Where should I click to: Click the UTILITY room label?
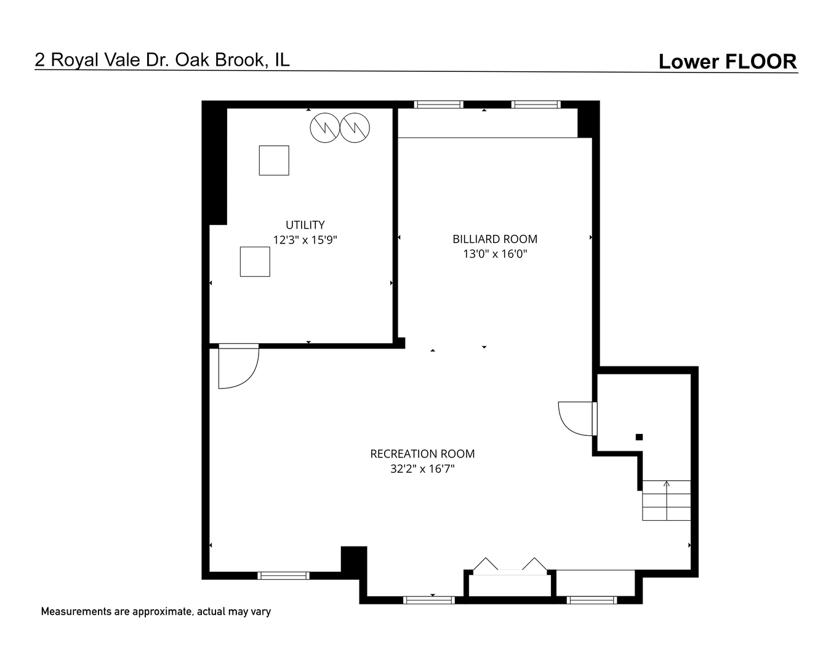(x=305, y=224)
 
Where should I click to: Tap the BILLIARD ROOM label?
(x=495, y=239)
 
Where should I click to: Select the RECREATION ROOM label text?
(x=422, y=454)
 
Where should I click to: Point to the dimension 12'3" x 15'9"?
(x=305, y=240)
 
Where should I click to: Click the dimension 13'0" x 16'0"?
(x=495, y=254)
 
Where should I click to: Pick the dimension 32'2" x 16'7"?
(x=422, y=468)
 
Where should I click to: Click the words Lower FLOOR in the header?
(x=728, y=61)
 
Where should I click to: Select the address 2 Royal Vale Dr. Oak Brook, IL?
(x=162, y=60)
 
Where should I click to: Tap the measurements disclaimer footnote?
(x=156, y=612)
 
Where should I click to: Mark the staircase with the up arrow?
(x=666, y=500)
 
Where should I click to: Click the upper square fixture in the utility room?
(x=274, y=160)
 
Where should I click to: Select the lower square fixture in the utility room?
(x=255, y=261)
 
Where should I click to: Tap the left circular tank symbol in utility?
(x=325, y=128)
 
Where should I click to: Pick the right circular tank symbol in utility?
(x=355, y=128)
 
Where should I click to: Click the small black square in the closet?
(x=639, y=437)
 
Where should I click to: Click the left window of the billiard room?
(x=439, y=104)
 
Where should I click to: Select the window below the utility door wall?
(x=283, y=575)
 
